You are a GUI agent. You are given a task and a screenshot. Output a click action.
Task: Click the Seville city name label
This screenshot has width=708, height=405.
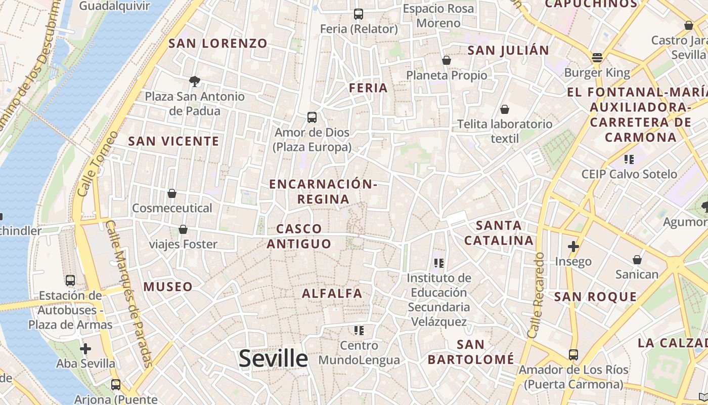[273, 358]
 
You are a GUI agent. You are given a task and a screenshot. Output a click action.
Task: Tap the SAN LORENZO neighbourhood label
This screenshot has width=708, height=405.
[217, 44]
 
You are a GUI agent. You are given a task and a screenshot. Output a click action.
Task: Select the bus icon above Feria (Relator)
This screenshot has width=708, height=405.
[359, 14]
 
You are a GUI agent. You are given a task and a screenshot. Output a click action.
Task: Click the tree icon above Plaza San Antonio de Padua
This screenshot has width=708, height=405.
[194, 81]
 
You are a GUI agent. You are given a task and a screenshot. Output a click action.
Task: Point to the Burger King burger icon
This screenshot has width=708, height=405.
[597, 57]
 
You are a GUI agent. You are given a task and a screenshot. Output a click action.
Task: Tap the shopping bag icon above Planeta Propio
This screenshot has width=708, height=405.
[446, 60]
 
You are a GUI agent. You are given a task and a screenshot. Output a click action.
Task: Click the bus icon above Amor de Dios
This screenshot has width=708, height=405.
[312, 117]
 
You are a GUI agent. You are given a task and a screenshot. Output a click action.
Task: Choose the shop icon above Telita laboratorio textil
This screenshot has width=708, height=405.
[504, 109]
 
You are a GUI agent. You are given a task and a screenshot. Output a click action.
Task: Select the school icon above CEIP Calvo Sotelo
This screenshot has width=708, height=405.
[629, 159]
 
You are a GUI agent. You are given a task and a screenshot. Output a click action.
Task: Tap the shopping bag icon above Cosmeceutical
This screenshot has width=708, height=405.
[172, 193]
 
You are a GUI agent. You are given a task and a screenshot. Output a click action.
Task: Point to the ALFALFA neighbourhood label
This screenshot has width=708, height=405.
[332, 293]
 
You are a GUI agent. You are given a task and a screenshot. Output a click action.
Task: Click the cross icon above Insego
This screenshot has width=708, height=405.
[573, 247]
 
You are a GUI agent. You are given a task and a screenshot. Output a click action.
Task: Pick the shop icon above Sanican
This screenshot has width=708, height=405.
[637, 260]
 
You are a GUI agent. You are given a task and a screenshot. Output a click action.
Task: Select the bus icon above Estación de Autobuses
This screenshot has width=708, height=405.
[70, 280]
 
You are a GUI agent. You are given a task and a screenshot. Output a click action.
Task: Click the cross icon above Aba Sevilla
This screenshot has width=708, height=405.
[85, 348]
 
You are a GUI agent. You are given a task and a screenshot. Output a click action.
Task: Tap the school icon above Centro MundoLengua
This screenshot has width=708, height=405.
[359, 331]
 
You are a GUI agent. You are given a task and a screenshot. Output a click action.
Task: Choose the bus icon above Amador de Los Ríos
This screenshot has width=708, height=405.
[573, 354]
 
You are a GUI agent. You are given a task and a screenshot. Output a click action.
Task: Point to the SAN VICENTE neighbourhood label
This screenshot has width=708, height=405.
[173, 141]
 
